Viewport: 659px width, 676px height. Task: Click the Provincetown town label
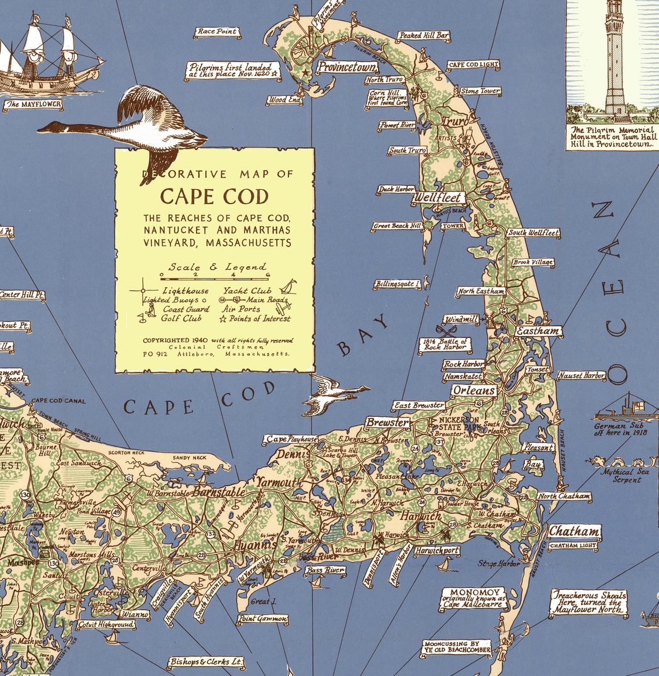point(347,67)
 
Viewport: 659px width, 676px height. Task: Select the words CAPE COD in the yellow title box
point(214,197)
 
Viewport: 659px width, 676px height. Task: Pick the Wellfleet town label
point(437,198)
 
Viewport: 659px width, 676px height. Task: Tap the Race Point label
point(217,31)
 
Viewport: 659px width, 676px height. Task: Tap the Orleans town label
point(473,390)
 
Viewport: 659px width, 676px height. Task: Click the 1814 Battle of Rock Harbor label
point(445,345)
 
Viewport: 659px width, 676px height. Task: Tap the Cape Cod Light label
point(472,65)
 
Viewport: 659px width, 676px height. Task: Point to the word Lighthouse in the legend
point(186,291)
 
